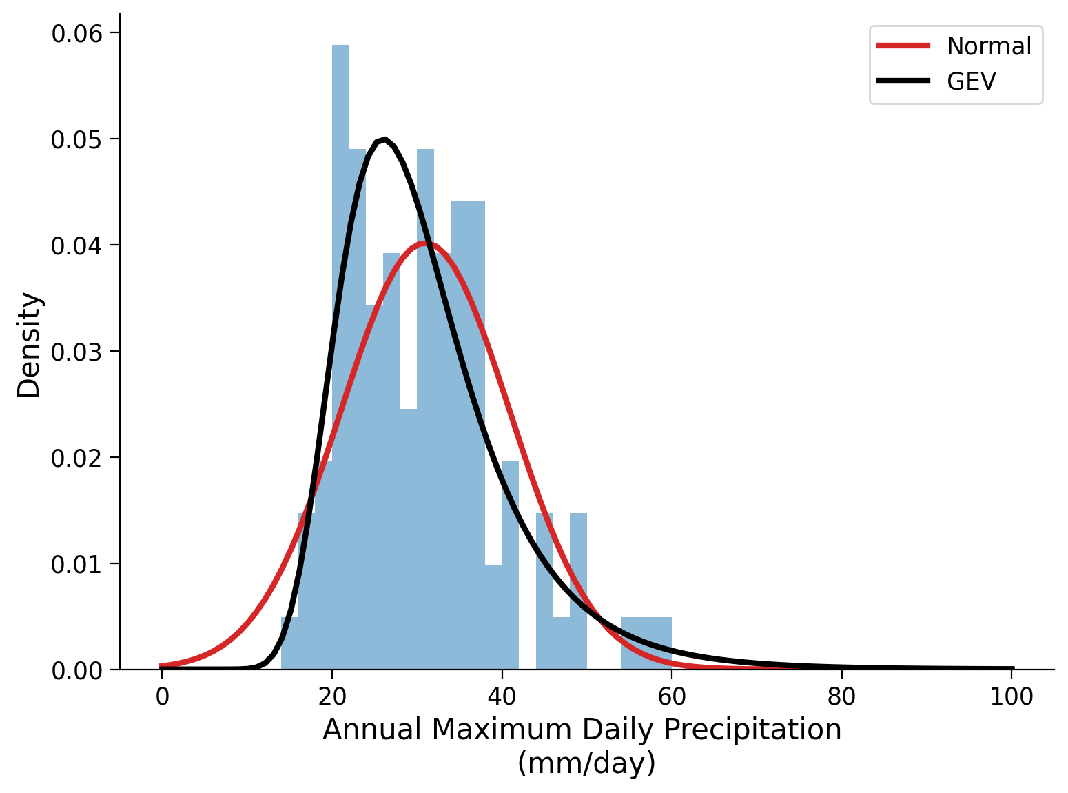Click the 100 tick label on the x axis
click(1011, 697)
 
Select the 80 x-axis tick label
click(841, 697)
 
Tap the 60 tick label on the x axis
click(672, 697)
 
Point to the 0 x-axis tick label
click(162, 697)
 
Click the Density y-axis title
click(30, 345)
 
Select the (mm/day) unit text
click(586, 763)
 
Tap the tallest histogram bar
click(340, 345)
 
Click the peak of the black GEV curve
click(384, 139)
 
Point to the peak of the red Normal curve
click(425, 243)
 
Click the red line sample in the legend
click(903, 46)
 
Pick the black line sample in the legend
click(903, 81)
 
